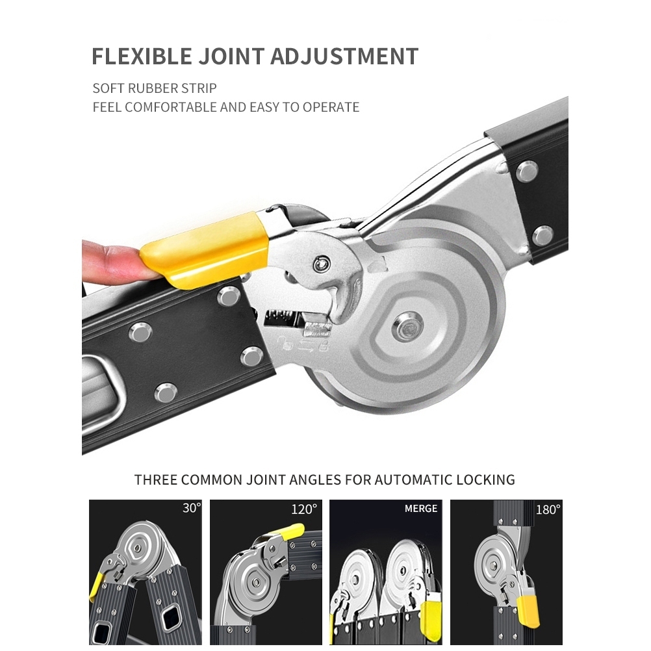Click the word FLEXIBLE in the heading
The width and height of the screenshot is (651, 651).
pos(142,56)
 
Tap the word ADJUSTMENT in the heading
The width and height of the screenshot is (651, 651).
pos(344,56)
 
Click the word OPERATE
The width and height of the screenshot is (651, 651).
pos(331,107)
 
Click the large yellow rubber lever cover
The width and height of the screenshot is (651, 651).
pos(204,249)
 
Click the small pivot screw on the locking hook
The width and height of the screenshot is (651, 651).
pos(322,263)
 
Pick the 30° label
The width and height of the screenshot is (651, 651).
pos(192,508)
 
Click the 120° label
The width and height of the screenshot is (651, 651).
pos(304,509)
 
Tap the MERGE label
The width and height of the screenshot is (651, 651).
pos(421,509)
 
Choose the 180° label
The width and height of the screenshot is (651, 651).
pos(548,509)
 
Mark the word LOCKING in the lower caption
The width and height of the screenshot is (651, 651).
pos(486,480)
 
